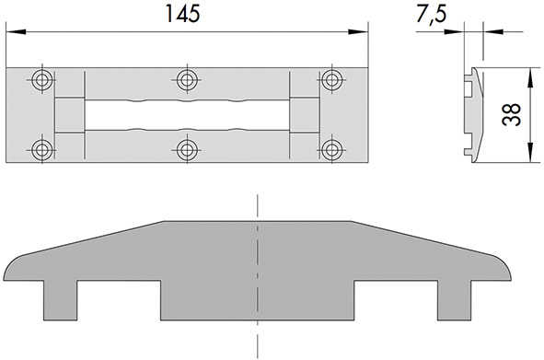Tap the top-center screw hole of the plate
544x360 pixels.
(x=187, y=79)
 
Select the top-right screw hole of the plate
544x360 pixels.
(x=331, y=79)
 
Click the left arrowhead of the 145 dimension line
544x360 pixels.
(x=12, y=33)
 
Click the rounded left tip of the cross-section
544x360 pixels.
(x=11, y=271)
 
